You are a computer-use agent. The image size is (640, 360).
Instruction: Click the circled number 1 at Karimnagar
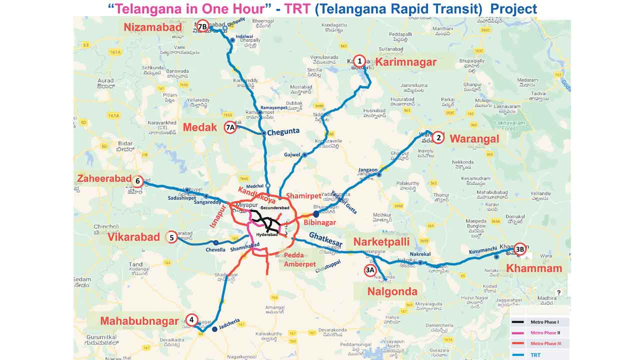(358, 61)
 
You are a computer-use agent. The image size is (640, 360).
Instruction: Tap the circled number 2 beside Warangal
(438, 137)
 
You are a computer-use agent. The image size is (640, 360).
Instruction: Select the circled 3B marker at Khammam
(520, 248)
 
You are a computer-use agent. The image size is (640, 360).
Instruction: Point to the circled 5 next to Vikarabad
(171, 238)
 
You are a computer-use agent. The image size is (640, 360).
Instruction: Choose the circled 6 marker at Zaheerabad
(137, 181)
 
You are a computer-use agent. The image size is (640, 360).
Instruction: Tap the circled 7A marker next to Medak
(230, 127)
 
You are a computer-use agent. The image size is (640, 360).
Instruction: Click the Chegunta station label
(283, 131)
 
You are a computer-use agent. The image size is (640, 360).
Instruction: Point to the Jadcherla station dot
(214, 329)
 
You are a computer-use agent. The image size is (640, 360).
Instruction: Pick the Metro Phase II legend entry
(544, 332)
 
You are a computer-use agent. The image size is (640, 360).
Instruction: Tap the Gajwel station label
(291, 155)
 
